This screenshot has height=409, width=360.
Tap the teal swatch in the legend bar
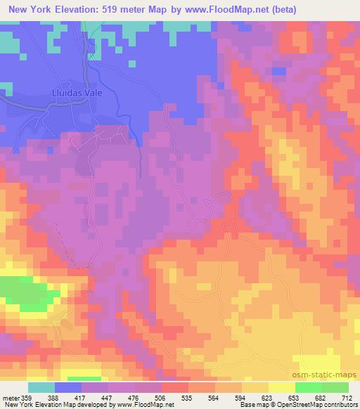[41, 387]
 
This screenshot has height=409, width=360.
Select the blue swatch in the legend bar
[68, 387]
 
